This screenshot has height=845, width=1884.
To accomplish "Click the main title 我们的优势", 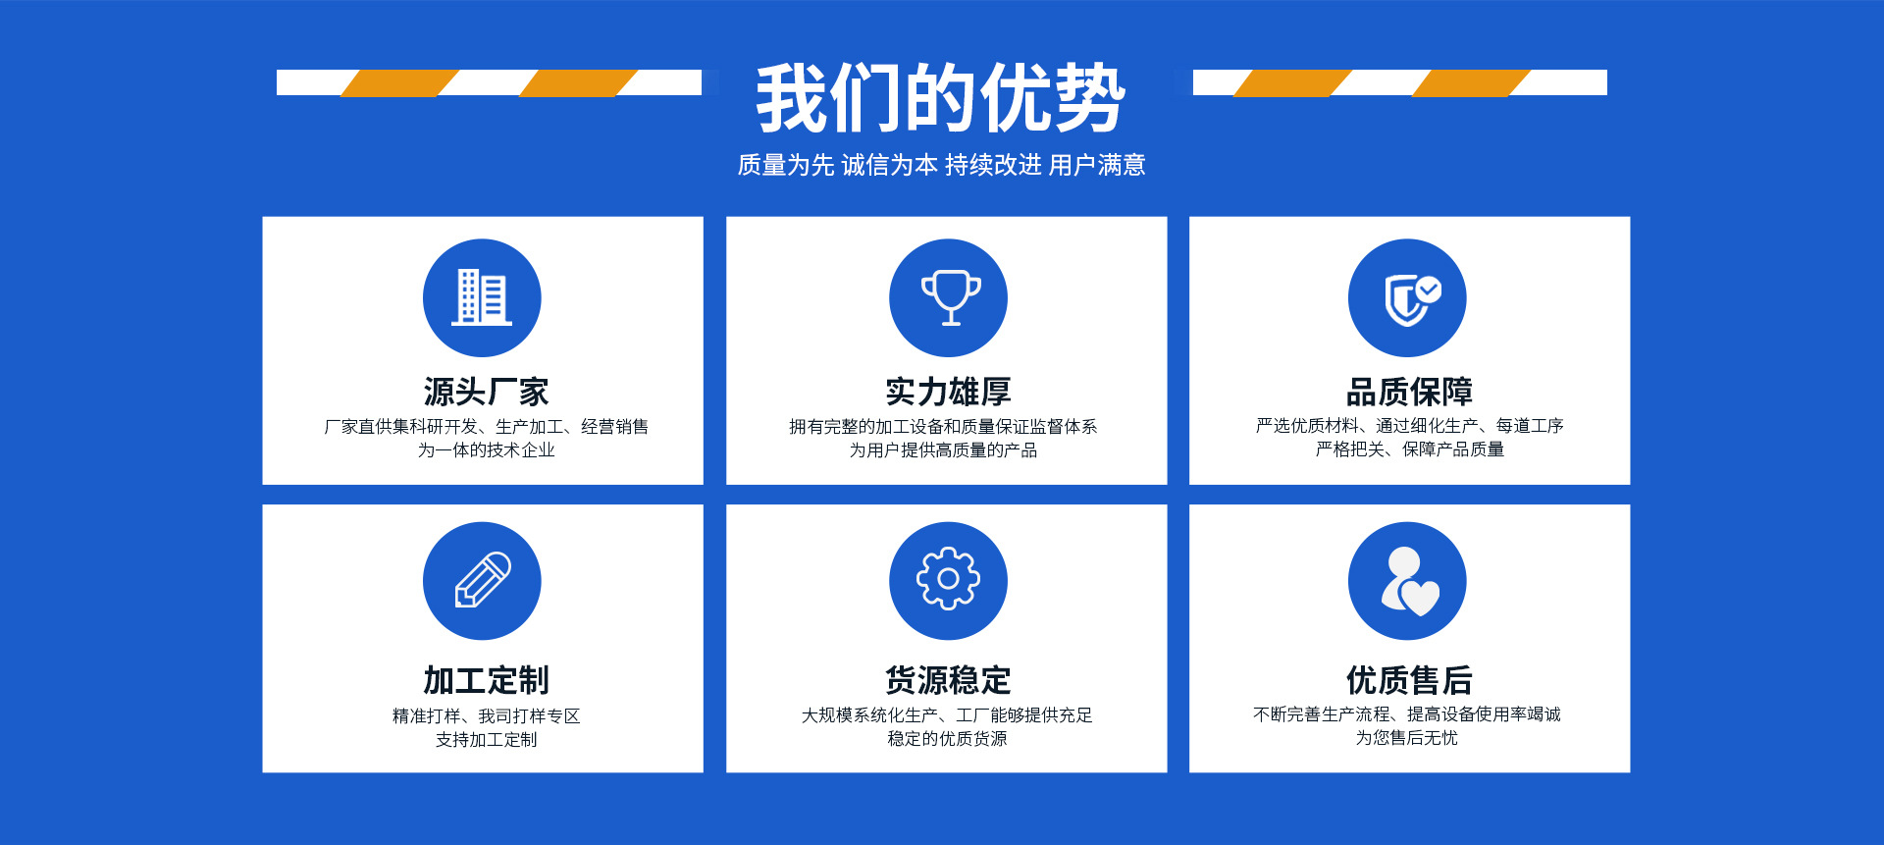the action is (x=940, y=97).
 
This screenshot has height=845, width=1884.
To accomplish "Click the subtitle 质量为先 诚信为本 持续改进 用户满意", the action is (x=941, y=165).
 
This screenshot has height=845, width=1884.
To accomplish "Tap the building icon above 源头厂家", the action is (x=482, y=297).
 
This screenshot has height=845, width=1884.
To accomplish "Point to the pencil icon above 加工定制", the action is (x=482, y=581).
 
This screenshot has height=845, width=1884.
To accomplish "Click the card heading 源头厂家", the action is (x=486, y=392).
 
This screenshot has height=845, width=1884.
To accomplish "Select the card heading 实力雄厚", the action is (x=948, y=392).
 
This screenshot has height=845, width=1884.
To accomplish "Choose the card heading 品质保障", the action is (x=1409, y=392).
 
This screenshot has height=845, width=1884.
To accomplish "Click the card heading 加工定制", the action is (x=486, y=680).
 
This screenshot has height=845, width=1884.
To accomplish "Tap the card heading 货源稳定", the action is (x=948, y=680).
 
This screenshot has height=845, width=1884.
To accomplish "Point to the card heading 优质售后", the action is (x=1409, y=680).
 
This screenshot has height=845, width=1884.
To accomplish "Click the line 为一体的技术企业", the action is (x=487, y=450).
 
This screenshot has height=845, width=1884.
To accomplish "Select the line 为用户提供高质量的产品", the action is (x=943, y=450).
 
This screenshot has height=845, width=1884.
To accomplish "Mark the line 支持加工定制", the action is (x=487, y=740).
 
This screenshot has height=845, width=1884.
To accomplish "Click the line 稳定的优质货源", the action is (x=947, y=739).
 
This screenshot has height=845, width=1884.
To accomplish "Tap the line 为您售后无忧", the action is (x=1407, y=738).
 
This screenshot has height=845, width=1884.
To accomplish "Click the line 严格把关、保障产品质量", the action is (x=1410, y=449).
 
